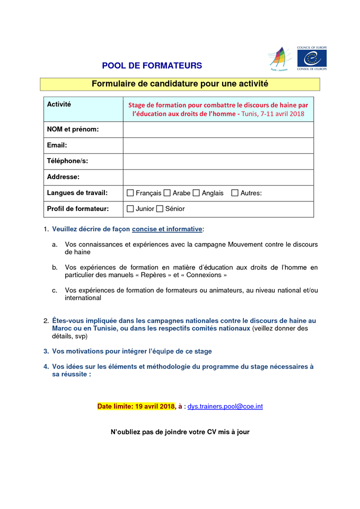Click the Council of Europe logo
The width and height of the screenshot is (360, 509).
(x=312, y=58)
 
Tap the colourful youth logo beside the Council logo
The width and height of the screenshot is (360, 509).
(x=279, y=59)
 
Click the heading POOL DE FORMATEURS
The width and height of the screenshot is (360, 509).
(x=152, y=66)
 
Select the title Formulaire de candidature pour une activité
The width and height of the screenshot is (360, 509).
(x=180, y=84)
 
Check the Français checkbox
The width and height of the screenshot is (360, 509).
(x=130, y=194)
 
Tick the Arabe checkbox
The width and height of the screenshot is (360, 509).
(x=167, y=194)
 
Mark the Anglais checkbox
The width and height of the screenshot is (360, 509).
(x=196, y=194)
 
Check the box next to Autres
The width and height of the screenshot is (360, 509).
(x=235, y=194)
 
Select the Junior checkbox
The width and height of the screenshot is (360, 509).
(x=130, y=209)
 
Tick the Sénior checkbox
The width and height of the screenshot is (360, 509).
(x=160, y=209)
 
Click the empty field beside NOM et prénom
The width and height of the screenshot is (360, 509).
(x=218, y=130)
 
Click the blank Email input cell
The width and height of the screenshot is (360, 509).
(x=218, y=146)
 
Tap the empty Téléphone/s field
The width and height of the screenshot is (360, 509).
(x=218, y=161)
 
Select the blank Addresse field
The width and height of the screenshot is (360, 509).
(x=218, y=177)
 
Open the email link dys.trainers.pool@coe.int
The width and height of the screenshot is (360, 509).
(x=225, y=407)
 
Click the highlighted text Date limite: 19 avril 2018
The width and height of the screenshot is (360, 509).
(x=136, y=407)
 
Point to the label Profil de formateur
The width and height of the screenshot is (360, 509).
(x=78, y=209)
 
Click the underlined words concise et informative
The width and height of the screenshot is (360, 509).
(x=167, y=229)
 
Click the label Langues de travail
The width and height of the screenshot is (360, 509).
(x=77, y=193)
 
